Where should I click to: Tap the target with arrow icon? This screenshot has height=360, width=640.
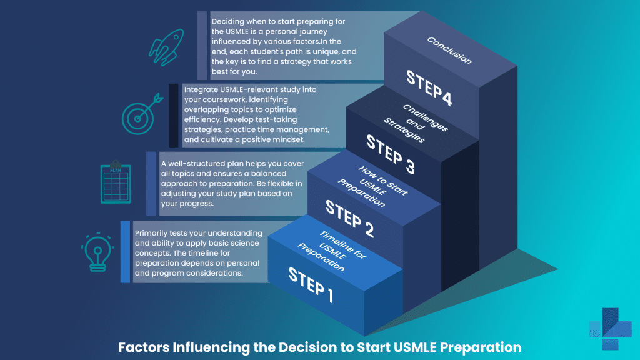click(x=137, y=114)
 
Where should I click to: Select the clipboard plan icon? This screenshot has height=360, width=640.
click(x=116, y=184)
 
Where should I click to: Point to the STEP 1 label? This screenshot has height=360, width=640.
click(x=311, y=284)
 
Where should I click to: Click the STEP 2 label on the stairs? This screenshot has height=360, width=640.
click(x=350, y=219)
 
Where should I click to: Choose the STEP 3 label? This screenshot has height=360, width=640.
click(x=390, y=153)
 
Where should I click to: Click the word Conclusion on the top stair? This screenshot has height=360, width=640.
click(x=449, y=51)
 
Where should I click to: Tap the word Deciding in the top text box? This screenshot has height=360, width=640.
click(x=229, y=21)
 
